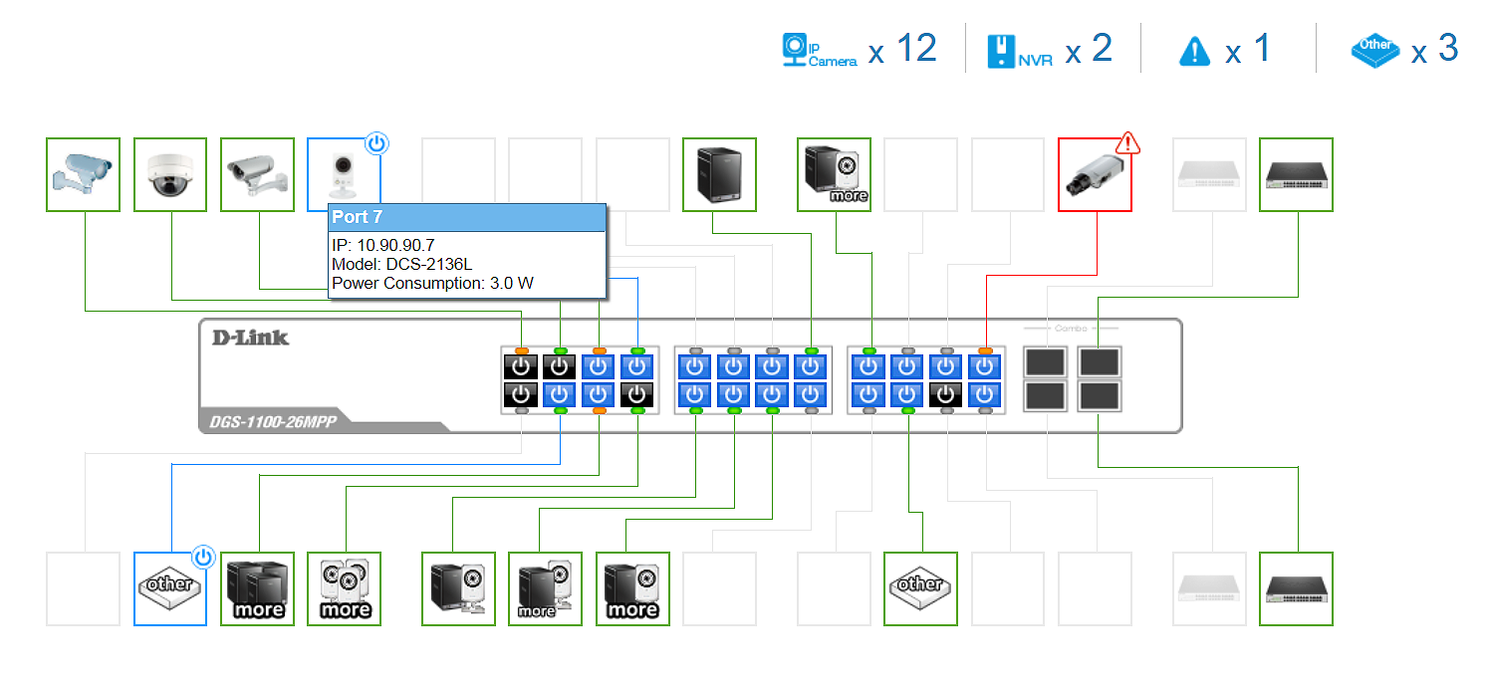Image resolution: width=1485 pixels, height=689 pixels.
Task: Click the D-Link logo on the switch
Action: [250, 338]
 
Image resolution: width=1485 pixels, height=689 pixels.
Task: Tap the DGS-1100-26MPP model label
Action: [272, 422]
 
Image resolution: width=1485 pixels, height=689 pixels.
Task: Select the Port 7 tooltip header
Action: [467, 217]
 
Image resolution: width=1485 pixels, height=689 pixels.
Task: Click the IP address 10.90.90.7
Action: [382, 245]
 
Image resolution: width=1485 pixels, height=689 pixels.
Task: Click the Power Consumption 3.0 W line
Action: [432, 283]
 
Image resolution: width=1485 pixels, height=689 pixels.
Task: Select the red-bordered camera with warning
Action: [1094, 175]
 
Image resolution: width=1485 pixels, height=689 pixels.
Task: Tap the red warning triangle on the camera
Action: [1126, 143]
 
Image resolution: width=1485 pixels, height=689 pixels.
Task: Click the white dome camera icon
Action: [170, 175]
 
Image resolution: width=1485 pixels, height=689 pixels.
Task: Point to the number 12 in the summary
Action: [915, 48]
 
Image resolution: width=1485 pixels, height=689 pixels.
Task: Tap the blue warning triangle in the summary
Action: [1193, 51]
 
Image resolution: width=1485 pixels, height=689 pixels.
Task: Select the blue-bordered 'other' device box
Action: [170, 589]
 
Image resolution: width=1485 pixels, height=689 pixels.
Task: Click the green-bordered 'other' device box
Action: [920, 589]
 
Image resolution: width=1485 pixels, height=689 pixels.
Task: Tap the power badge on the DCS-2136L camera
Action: [375, 144]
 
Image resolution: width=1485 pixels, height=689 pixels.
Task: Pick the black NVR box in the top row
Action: [719, 175]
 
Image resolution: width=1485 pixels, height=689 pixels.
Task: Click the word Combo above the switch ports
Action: [1071, 328]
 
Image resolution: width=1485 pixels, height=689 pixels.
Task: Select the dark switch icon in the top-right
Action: [1296, 175]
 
